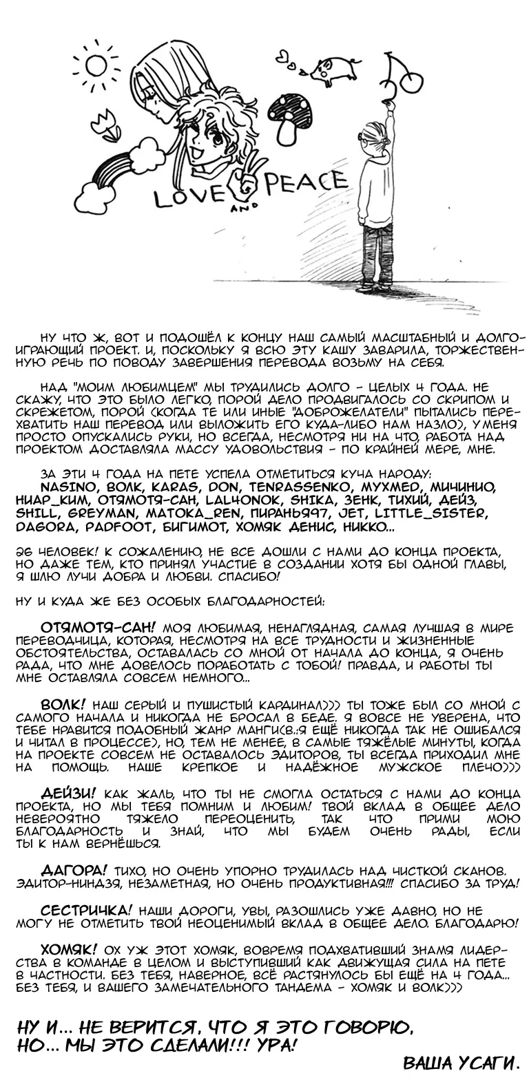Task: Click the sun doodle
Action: point(97,65)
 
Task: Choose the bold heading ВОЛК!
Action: point(64,706)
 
